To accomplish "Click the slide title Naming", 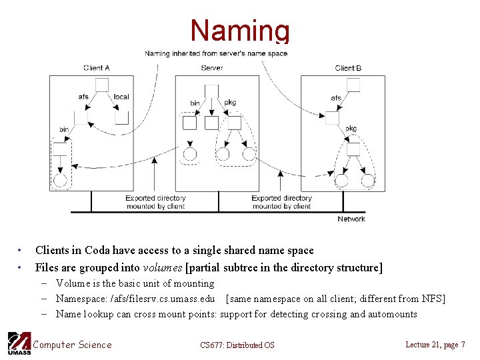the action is (240, 31).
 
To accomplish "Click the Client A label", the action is (97, 68).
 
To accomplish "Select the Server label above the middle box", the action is (212, 68).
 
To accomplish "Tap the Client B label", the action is (348, 68).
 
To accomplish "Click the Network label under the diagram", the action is (351, 219).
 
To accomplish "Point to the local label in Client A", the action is (121, 97).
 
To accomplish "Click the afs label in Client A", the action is (83, 97).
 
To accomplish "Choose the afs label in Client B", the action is (336, 98).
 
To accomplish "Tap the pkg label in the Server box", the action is (230, 103).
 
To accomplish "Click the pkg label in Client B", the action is (351, 129).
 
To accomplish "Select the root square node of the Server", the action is (211, 91).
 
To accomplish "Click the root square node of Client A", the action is (102, 84).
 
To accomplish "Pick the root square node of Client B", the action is (353, 85).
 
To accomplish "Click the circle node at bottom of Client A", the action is (60, 180).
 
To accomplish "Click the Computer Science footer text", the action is (72, 344).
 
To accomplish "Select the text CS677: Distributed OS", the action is (237, 345).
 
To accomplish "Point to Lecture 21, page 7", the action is (435, 344).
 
